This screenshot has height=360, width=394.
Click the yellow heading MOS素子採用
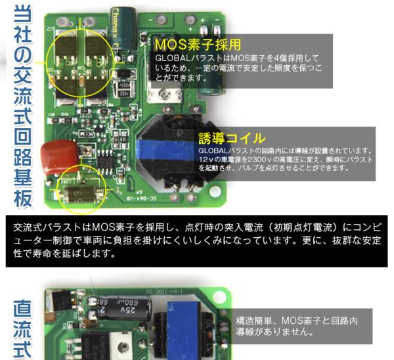198,45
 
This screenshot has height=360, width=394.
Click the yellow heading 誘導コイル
232,138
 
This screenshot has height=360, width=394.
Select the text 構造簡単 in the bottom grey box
257,321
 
